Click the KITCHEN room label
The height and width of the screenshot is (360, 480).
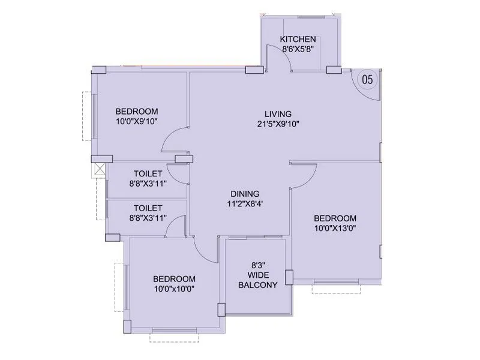(298, 40)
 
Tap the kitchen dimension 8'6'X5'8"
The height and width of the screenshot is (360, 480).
(298, 49)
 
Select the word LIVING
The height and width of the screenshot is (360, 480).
(278, 114)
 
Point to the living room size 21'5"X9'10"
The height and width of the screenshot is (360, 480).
(278, 124)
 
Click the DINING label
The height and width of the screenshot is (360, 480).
(245, 194)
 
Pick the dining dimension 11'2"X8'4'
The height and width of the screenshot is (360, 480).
(245, 203)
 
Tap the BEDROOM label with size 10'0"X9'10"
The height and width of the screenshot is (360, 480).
(137, 111)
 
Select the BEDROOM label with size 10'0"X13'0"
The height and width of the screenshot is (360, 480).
(335, 218)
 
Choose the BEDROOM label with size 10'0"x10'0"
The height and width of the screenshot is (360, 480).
(174, 278)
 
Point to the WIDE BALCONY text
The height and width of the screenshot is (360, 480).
(258, 280)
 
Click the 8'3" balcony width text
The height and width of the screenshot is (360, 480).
(258, 264)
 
